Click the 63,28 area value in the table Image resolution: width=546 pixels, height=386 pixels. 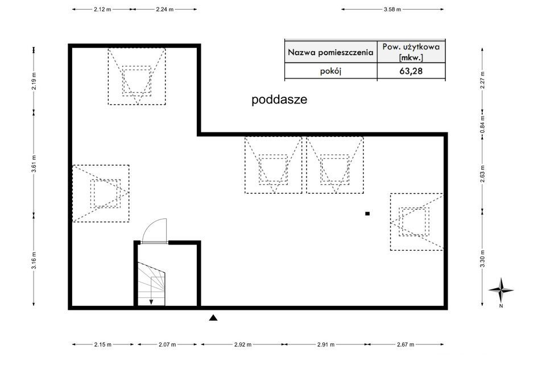(411, 71)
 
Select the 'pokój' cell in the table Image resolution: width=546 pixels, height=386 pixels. (330, 71)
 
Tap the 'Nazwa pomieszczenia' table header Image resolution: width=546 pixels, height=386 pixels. (330, 52)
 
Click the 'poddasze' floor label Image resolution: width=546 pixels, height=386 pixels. (279, 99)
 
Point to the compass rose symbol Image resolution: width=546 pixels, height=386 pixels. (500, 290)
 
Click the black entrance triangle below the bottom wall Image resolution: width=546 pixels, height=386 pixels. (213, 317)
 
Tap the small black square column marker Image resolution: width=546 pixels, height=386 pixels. (367, 214)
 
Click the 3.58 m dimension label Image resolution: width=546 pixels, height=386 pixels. (392, 10)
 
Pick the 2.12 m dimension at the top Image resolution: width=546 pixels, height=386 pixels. (102, 10)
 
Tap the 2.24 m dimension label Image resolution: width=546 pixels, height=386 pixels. (165, 10)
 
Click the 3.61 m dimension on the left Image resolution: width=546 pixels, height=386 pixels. (34, 164)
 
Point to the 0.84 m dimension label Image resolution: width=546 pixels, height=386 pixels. (482, 124)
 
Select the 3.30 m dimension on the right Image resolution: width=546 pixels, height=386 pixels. (482, 259)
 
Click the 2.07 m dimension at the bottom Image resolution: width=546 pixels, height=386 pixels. (167, 345)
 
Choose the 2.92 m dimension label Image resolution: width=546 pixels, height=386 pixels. (243, 345)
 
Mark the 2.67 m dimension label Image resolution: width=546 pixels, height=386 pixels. (406, 345)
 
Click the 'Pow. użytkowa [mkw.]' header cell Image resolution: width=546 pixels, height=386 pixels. (411, 52)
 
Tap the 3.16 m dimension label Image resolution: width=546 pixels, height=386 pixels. (34, 260)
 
